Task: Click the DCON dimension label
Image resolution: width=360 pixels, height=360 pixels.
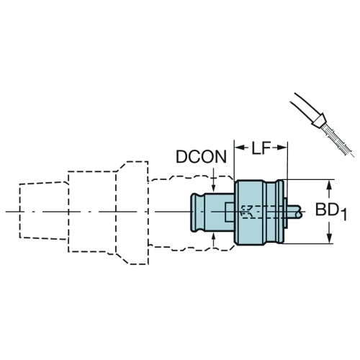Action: pyautogui.click(x=201, y=157)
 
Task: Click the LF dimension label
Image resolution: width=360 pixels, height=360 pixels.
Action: pyautogui.click(x=261, y=148)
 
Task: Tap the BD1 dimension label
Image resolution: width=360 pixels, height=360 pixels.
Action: pyautogui.click(x=331, y=211)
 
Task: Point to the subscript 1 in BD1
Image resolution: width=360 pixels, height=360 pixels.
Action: pyautogui.click(x=344, y=215)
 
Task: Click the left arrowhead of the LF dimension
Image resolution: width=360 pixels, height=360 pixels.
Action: pyautogui.click(x=240, y=148)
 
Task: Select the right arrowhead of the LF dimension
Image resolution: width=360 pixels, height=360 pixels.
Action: pyautogui.click(x=282, y=148)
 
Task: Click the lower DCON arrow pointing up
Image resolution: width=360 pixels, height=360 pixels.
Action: pyautogui.click(x=214, y=240)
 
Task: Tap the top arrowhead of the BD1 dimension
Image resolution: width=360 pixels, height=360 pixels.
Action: pyautogui.click(x=330, y=185)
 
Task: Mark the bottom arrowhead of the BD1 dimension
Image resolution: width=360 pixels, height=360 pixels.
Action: pyautogui.click(x=330, y=238)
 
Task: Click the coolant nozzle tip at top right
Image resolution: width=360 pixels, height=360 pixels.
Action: pyautogui.click(x=319, y=120)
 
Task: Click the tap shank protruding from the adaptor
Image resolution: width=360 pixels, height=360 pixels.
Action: pyautogui.click(x=294, y=212)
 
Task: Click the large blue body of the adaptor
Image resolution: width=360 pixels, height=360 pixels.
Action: pyautogui.click(x=250, y=212)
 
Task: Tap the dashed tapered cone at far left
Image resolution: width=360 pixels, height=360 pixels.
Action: pyautogui.click(x=44, y=210)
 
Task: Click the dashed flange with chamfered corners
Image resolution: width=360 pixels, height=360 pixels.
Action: pyautogui.click(x=132, y=213)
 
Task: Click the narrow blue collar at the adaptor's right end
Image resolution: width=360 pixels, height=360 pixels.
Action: pyautogui.click(x=280, y=212)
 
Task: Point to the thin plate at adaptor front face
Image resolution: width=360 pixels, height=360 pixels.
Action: pyautogui.click(x=286, y=212)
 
